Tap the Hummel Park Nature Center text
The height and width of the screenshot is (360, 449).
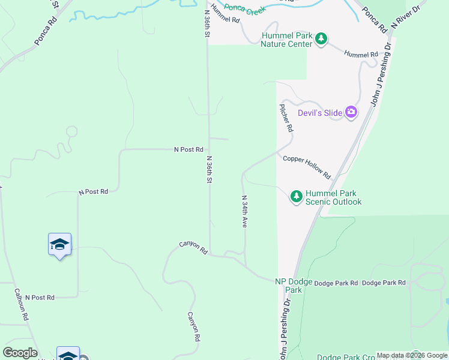[x=286, y=40]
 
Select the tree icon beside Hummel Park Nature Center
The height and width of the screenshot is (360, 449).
[x=322, y=39]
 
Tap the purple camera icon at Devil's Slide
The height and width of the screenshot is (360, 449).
[x=351, y=112]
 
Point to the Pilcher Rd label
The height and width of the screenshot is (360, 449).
[x=286, y=118]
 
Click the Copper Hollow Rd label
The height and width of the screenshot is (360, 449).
[x=307, y=167]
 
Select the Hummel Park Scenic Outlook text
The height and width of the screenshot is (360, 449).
[x=333, y=197]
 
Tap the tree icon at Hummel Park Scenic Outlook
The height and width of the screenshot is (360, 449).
[x=296, y=196]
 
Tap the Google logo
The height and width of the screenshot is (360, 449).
[x=20, y=353]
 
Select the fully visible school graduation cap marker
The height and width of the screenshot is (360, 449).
[x=59, y=244]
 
